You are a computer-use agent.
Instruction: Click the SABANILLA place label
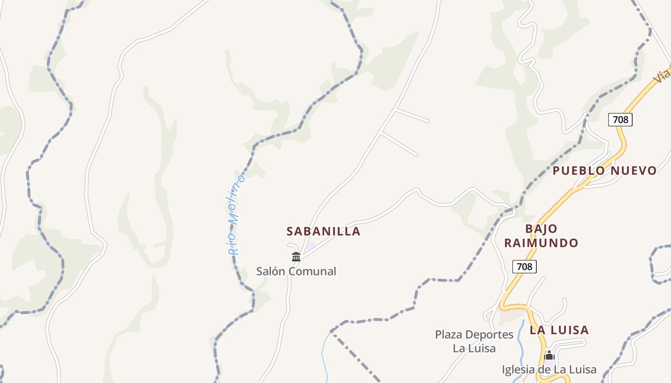click(x=323, y=231)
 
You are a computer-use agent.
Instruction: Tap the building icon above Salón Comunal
click(x=296, y=257)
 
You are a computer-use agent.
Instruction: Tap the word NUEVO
click(x=633, y=170)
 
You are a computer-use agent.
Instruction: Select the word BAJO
click(x=541, y=229)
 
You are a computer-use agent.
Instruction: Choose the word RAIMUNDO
click(x=541, y=243)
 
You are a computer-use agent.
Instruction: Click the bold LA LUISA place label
click(x=559, y=330)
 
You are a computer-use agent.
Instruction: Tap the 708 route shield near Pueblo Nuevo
click(x=620, y=119)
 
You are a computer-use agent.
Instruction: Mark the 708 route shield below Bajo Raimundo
click(x=524, y=266)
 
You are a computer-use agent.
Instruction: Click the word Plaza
click(x=449, y=335)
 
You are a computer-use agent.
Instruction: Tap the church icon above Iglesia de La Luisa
click(x=549, y=356)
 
